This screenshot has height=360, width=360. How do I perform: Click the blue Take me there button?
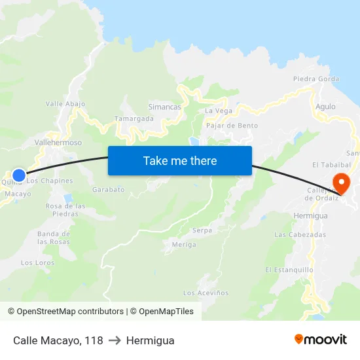pyautogui.click(x=180, y=160)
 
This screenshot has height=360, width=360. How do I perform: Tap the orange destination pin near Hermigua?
pyautogui.click(x=341, y=182)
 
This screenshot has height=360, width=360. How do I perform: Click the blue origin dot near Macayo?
pyautogui.click(x=19, y=175)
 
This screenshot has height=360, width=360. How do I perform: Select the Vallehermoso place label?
pyautogui.click(x=58, y=142)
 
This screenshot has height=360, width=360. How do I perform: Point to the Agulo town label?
pyautogui.click(x=325, y=106)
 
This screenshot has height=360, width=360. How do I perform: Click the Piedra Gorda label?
pyautogui.click(x=316, y=79)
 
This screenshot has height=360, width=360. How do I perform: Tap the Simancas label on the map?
pyautogui.click(x=165, y=107)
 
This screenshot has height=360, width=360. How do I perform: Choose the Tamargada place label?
pyautogui.click(x=134, y=118)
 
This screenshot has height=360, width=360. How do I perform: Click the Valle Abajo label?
pyautogui.click(x=65, y=103)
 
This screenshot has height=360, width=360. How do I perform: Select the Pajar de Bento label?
pyautogui.click(x=232, y=125)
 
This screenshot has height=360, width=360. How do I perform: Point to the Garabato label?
pyautogui.click(x=108, y=189)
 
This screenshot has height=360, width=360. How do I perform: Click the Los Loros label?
pyautogui.click(x=37, y=262)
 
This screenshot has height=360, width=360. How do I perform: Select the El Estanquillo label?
pyautogui.click(x=289, y=270)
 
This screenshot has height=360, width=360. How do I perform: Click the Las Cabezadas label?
pyautogui.click(x=300, y=234)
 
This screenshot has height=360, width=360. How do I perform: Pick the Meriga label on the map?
pyautogui.click(x=184, y=244)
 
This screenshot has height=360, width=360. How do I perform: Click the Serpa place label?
pyautogui.click(x=202, y=230)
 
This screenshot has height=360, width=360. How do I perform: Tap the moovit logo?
pyautogui.click(x=320, y=339)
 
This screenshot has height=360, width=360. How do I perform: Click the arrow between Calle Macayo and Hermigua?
pyautogui.click(x=115, y=340)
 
